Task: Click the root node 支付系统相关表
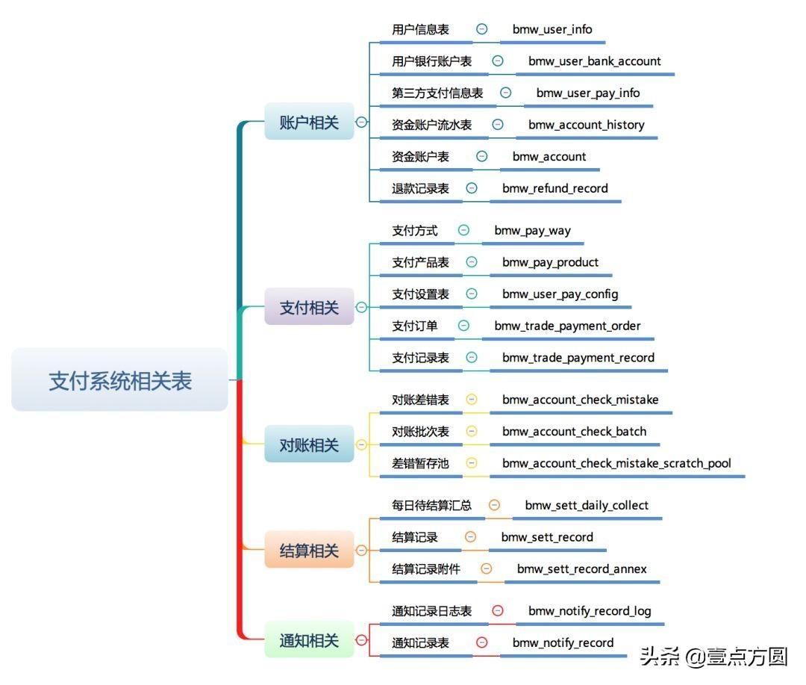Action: pyautogui.click(x=119, y=380)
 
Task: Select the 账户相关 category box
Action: pyautogui.click(x=309, y=123)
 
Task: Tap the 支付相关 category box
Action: pyautogui.click(x=309, y=307)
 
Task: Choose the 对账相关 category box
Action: pyautogui.click(x=309, y=445)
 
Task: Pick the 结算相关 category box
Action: pyautogui.click(x=309, y=551)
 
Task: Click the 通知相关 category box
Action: pyautogui.click(x=309, y=640)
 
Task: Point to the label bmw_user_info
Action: pyautogui.click(x=552, y=29)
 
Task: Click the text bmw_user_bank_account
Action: pyautogui.click(x=595, y=61)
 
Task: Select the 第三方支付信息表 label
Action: pyautogui.click(x=437, y=93)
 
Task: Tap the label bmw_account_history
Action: pyautogui.click(x=587, y=125)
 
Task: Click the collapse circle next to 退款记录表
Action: pyautogui.click(x=472, y=188)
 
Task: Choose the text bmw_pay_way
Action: pyautogui.click(x=532, y=230)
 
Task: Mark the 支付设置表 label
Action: pyautogui.click(x=421, y=294)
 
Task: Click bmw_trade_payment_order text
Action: pyautogui.click(x=567, y=326)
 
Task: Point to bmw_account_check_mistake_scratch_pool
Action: pyautogui.click(x=616, y=463)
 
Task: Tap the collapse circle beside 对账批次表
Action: pyautogui.click(x=472, y=431)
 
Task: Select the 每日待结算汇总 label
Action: pyautogui.click(x=432, y=506)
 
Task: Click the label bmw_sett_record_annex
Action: pyautogui.click(x=582, y=569)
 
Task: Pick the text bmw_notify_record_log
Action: pyautogui.click(x=590, y=611)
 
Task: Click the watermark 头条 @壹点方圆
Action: pyautogui.click(x=713, y=657)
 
